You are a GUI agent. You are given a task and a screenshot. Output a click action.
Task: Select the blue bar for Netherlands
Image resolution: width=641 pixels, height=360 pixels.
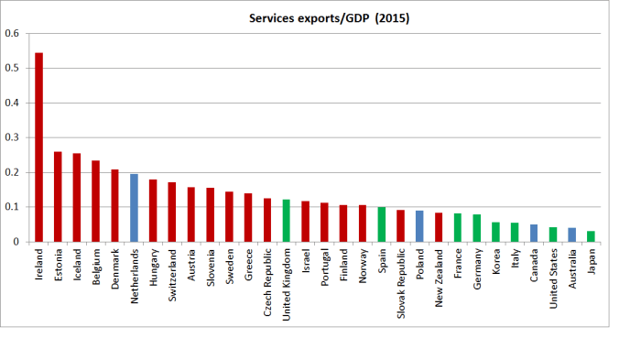click(134, 208)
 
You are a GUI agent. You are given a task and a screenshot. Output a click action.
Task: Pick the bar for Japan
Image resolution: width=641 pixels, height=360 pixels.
click(590, 236)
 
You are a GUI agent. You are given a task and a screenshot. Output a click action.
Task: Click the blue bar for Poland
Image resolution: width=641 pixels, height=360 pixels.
click(418, 226)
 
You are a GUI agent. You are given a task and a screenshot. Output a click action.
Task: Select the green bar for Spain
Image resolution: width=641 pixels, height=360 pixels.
click(381, 224)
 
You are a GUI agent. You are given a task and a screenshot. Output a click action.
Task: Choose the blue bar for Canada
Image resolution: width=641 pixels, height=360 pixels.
click(533, 233)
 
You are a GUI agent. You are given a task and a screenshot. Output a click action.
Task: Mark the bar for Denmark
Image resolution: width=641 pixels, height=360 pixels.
click(114, 205)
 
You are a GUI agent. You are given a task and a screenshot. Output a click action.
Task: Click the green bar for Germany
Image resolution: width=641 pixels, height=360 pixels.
click(476, 228)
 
